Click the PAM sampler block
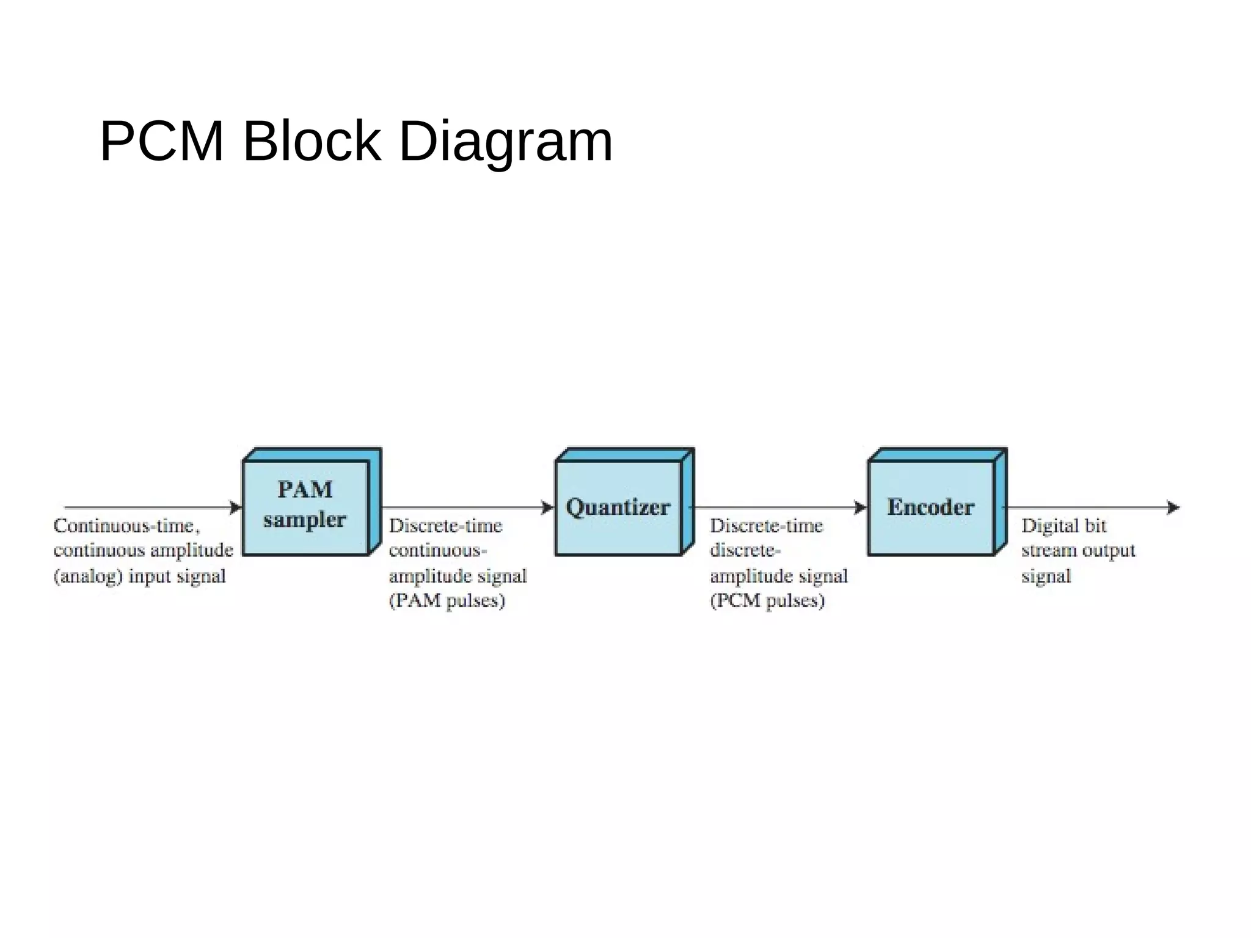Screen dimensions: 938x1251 [x=305, y=507]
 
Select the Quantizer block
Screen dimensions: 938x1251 [x=618, y=507]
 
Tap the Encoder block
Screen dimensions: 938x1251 [x=931, y=507]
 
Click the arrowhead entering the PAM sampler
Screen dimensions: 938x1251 [x=236, y=507]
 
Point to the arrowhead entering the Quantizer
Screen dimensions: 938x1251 [x=548, y=507]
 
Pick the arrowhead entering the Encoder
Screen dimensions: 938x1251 [x=861, y=507]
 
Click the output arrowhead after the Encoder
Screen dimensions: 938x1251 [x=1173, y=507]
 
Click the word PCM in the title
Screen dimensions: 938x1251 [x=162, y=141]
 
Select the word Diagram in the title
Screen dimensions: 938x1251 [x=505, y=141]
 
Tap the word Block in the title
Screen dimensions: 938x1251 [x=312, y=141]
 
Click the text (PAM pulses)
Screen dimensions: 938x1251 [x=447, y=601]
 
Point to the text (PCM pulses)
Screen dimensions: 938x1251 [x=767, y=601]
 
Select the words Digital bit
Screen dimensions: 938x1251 [x=1063, y=526]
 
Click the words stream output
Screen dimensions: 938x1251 [x=1078, y=551]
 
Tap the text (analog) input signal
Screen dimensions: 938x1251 [x=140, y=576]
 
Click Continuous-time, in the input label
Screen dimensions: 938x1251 [x=126, y=526]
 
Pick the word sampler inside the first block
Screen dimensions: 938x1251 [x=304, y=520]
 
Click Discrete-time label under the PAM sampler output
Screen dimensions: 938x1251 [x=445, y=526]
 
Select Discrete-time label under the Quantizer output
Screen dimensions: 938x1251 [x=766, y=526]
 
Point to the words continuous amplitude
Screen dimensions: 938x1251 [x=144, y=551]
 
